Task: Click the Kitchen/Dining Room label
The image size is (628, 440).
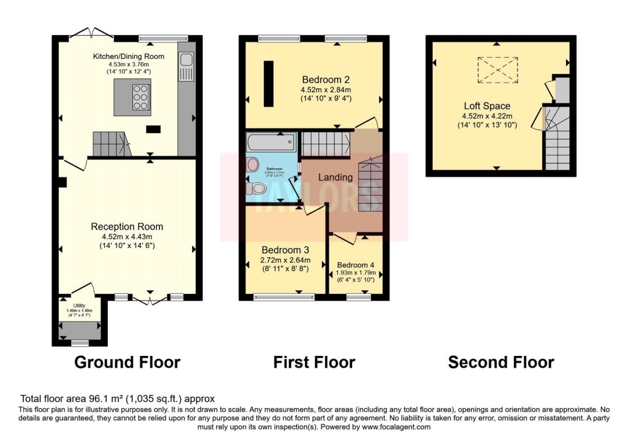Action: tap(128, 56)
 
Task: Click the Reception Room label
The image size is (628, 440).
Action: tap(127, 226)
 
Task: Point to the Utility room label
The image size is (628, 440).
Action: tap(79, 305)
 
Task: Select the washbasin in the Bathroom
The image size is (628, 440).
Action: tap(252, 164)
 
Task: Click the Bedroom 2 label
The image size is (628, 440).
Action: tap(326, 79)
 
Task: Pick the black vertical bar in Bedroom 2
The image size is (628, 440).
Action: tap(268, 84)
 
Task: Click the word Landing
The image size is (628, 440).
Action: tap(335, 177)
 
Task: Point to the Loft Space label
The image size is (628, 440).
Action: tap(486, 106)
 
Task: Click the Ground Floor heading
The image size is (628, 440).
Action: tap(127, 362)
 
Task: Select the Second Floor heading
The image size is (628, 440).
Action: tap(501, 362)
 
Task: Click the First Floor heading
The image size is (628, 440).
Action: tap(314, 362)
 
